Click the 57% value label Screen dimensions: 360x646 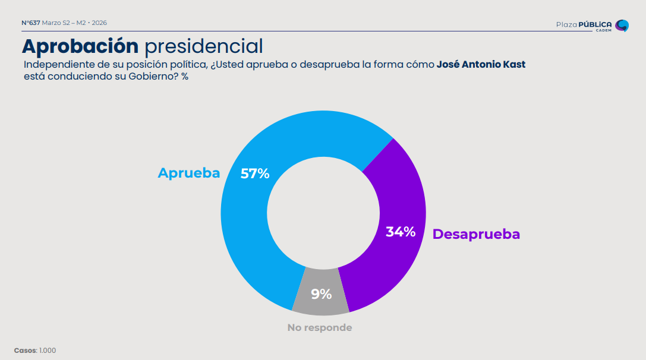[x=255, y=173]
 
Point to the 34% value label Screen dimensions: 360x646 [x=401, y=232]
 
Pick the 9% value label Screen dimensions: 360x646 [x=322, y=293]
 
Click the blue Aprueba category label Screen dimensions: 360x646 [x=188, y=173]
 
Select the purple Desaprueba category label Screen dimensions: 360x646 [x=476, y=234]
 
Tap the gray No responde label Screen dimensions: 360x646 [x=319, y=327]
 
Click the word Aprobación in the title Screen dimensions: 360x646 [x=80, y=46]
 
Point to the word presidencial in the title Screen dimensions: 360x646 [x=203, y=46]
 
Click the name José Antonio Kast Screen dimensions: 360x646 [x=481, y=64]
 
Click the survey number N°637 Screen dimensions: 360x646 [x=31, y=23]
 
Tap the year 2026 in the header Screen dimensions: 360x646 [x=99, y=23]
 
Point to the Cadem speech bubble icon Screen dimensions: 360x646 [x=622, y=26]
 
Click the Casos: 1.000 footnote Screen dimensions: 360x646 [x=35, y=350]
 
